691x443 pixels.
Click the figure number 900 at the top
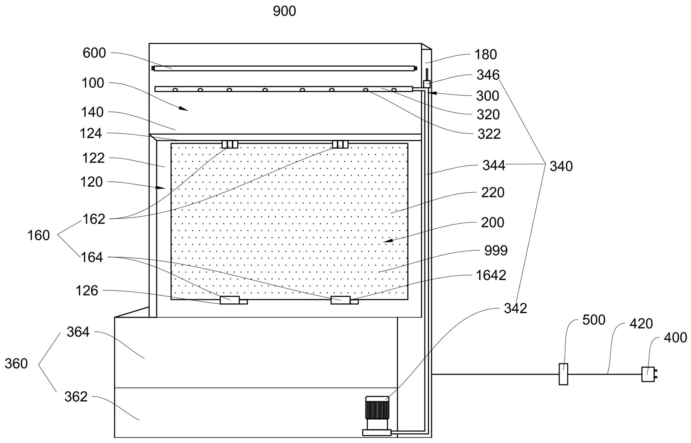click(284, 11)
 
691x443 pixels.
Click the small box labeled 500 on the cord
click(563, 374)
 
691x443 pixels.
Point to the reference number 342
click(515, 309)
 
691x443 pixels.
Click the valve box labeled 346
click(427, 84)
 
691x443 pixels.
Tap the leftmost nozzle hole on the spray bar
click(175, 90)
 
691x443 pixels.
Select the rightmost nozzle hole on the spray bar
click(394, 90)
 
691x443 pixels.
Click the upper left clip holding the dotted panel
click(230, 145)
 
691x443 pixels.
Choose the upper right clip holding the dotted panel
click(340, 145)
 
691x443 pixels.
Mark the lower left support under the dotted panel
click(230, 300)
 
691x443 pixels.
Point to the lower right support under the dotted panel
click(341, 300)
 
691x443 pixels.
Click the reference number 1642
click(491, 276)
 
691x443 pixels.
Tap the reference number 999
click(496, 251)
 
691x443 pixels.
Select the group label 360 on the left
click(16, 364)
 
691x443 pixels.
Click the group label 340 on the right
click(561, 166)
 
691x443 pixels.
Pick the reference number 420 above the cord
click(641, 324)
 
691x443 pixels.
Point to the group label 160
click(38, 236)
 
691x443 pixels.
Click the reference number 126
click(87, 291)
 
